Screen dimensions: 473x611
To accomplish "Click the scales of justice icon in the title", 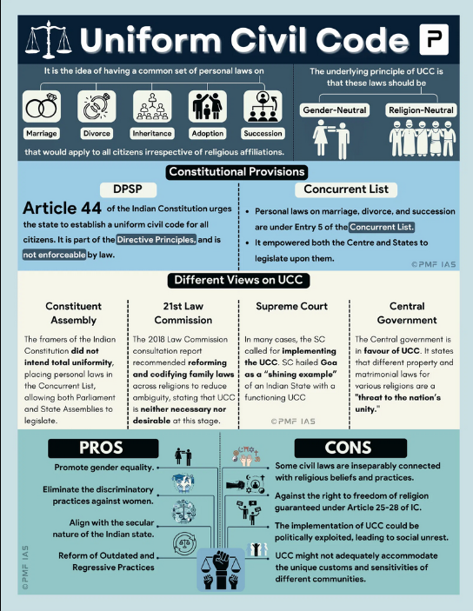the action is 49,39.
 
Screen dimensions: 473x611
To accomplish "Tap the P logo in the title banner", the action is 434,39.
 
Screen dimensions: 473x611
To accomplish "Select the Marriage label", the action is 42,134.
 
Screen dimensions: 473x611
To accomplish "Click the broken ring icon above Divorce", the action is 97,106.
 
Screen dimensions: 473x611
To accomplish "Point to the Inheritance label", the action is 152,134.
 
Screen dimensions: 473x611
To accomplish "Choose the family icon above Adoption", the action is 208,106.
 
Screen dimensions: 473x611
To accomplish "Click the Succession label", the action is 263,134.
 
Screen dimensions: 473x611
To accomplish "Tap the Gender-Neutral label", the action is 335,110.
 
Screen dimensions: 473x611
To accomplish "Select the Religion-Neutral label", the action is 421,110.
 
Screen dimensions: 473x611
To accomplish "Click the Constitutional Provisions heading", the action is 236,172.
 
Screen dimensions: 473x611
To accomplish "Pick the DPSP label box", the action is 128,189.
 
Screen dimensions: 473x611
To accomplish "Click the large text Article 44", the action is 62,208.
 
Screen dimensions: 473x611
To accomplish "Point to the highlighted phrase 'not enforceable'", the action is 54,255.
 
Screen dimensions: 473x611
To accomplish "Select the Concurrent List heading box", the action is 346,189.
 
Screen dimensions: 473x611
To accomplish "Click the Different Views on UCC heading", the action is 238,280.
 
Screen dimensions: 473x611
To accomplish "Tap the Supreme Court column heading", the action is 291,306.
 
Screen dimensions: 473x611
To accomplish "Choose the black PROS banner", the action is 103,448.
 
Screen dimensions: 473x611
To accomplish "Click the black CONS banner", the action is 350,448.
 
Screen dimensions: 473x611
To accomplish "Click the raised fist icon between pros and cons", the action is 221,569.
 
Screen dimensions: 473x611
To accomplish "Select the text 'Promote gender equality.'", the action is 104,468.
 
